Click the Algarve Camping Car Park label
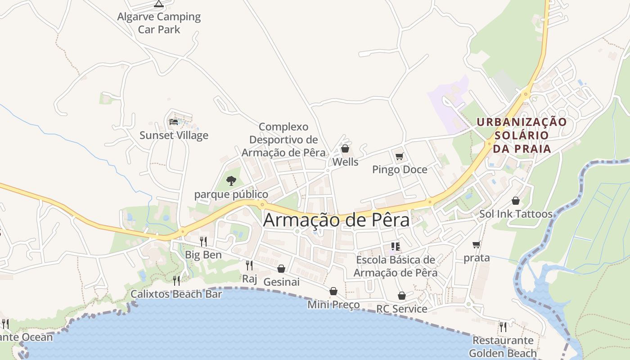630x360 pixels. (159, 23)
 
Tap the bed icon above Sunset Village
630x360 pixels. (174, 121)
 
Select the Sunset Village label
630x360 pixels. (174, 135)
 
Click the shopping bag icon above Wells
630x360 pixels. (345, 148)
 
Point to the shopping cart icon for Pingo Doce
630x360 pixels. (399, 157)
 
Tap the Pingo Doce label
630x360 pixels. (400, 170)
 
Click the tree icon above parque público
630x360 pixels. (231, 181)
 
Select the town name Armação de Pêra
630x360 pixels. (337, 220)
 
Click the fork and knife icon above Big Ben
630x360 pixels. (203, 242)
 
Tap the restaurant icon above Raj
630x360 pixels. (249, 265)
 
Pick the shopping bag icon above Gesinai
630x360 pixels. (281, 269)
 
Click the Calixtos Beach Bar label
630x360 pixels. (176, 294)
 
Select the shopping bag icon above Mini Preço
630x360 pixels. (333, 291)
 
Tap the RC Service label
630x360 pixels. (402, 309)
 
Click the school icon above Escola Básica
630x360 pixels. (396, 246)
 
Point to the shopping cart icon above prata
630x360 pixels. (477, 245)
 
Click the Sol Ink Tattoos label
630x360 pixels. (516, 214)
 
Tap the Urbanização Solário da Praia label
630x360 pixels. (522, 135)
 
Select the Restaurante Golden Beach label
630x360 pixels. (503, 346)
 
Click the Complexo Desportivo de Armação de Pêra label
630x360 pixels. (283, 140)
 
